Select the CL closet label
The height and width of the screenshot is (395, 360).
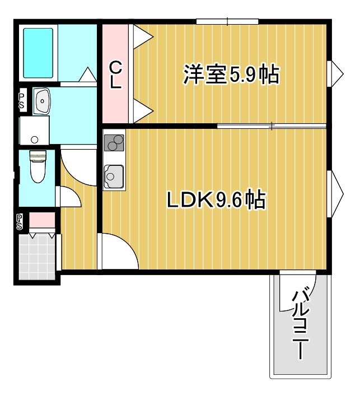click(115, 75)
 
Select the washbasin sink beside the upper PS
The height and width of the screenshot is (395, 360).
click(43, 101)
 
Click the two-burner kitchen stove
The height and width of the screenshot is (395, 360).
click(115, 143)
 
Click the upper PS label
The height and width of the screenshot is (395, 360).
click(21, 101)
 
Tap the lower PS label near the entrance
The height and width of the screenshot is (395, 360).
click(20, 222)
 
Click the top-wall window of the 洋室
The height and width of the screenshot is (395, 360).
click(227, 22)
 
